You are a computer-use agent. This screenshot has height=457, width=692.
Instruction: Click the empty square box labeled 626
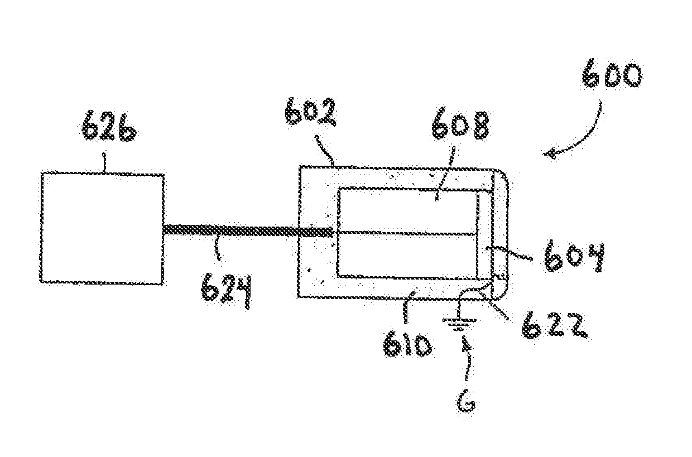tap(102, 228)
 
